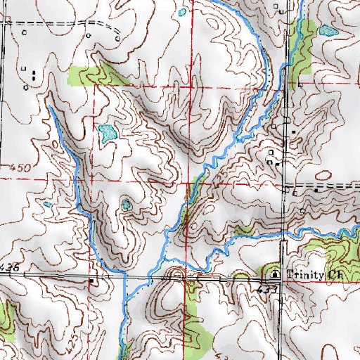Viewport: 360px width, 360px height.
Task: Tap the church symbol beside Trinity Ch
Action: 276,274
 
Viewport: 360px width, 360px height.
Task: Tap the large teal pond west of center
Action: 107,132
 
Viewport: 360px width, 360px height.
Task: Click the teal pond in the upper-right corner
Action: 327,31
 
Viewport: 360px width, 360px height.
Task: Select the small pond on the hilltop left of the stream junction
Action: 127,205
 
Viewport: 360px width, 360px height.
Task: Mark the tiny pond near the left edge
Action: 47,205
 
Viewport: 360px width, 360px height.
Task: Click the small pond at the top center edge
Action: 183,12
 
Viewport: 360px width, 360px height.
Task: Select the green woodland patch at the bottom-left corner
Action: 6,316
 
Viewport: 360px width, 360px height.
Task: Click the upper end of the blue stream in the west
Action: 51,109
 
